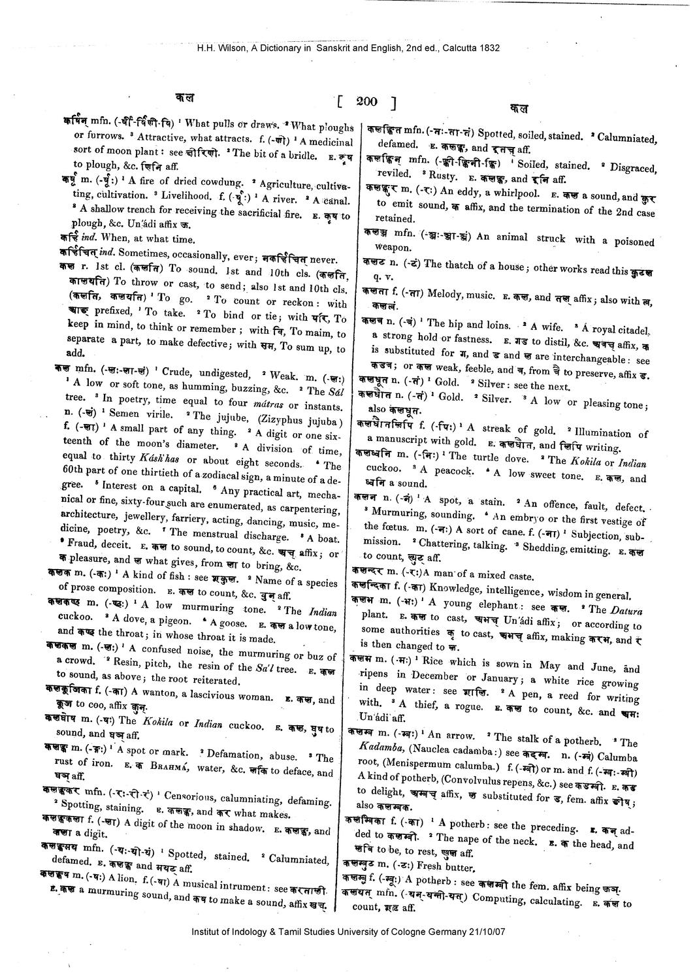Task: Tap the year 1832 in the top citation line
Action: coord(487,48)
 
